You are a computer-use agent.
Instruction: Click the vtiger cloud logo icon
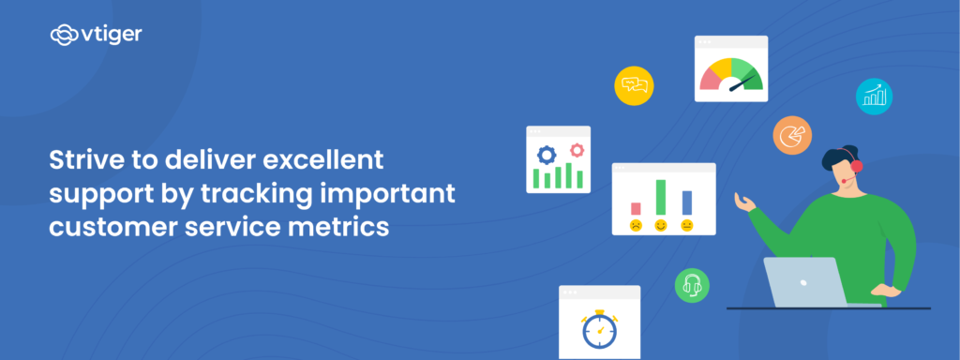click(x=63, y=36)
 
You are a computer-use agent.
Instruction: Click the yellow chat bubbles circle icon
click(x=634, y=85)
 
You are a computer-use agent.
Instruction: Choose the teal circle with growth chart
click(x=875, y=96)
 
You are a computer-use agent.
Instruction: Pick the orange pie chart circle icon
click(x=792, y=135)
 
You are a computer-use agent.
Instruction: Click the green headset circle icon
click(x=692, y=284)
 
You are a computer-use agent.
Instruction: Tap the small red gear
click(x=577, y=148)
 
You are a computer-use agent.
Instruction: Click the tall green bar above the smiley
click(x=661, y=197)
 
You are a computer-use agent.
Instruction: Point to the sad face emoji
click(x=636, y=226)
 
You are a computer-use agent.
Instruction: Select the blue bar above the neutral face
click(x=687, y=202)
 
